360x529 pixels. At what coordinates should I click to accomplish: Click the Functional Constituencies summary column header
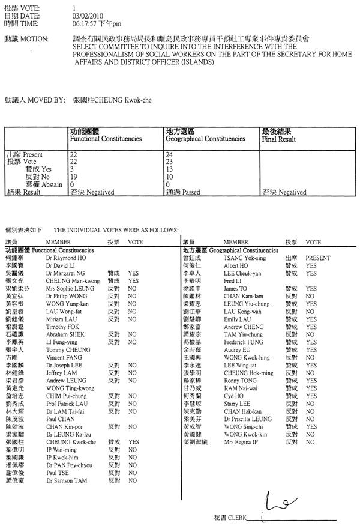point(106,139)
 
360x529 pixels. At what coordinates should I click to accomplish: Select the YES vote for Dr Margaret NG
point(133,271)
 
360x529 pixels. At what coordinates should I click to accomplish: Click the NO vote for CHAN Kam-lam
point(310,280)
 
